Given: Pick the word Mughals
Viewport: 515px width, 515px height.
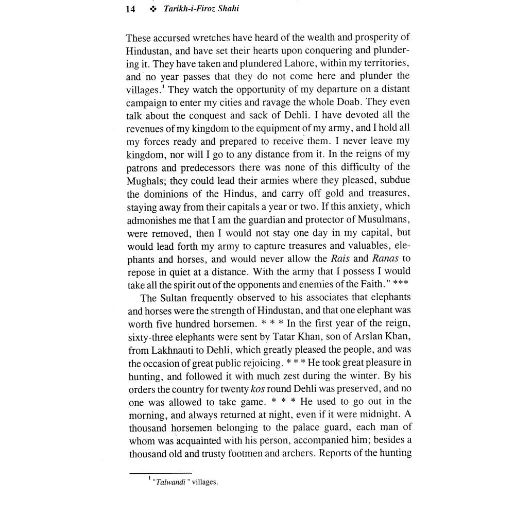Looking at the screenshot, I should (x=145, y=180).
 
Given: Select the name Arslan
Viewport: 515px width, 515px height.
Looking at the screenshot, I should (x=373, y=338).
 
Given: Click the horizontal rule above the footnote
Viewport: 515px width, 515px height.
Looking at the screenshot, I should (x=160, y=473).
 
